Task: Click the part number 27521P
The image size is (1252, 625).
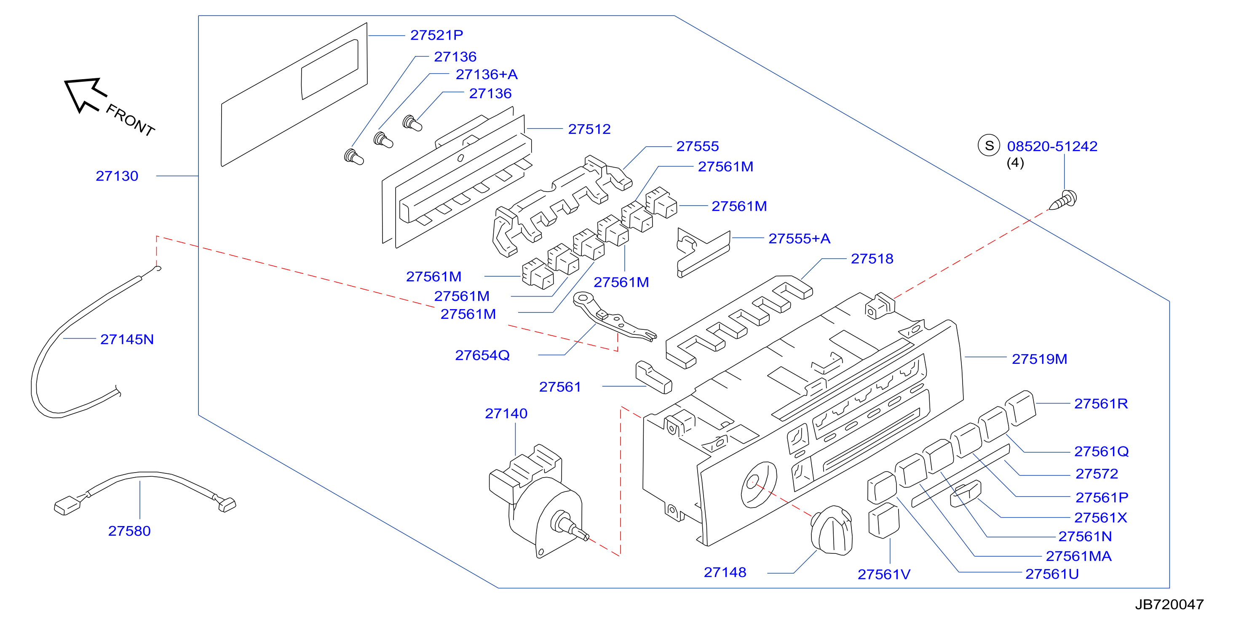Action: tap(436, 35)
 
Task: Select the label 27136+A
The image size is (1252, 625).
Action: tap(487, 75)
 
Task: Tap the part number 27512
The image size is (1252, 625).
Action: tap(589, 129)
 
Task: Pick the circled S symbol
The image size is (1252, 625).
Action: tap(989, 145)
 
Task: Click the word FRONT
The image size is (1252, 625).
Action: tap(130, 120)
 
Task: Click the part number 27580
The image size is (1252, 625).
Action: tap(129, 531)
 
